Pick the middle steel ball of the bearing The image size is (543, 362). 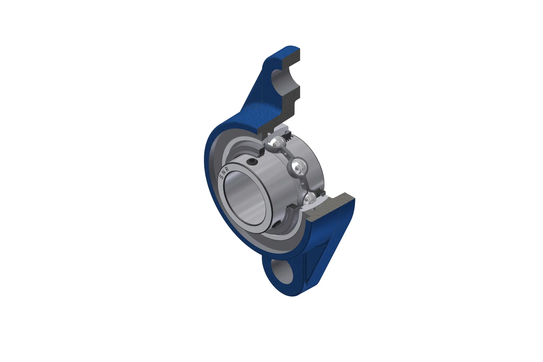[299, 166]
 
